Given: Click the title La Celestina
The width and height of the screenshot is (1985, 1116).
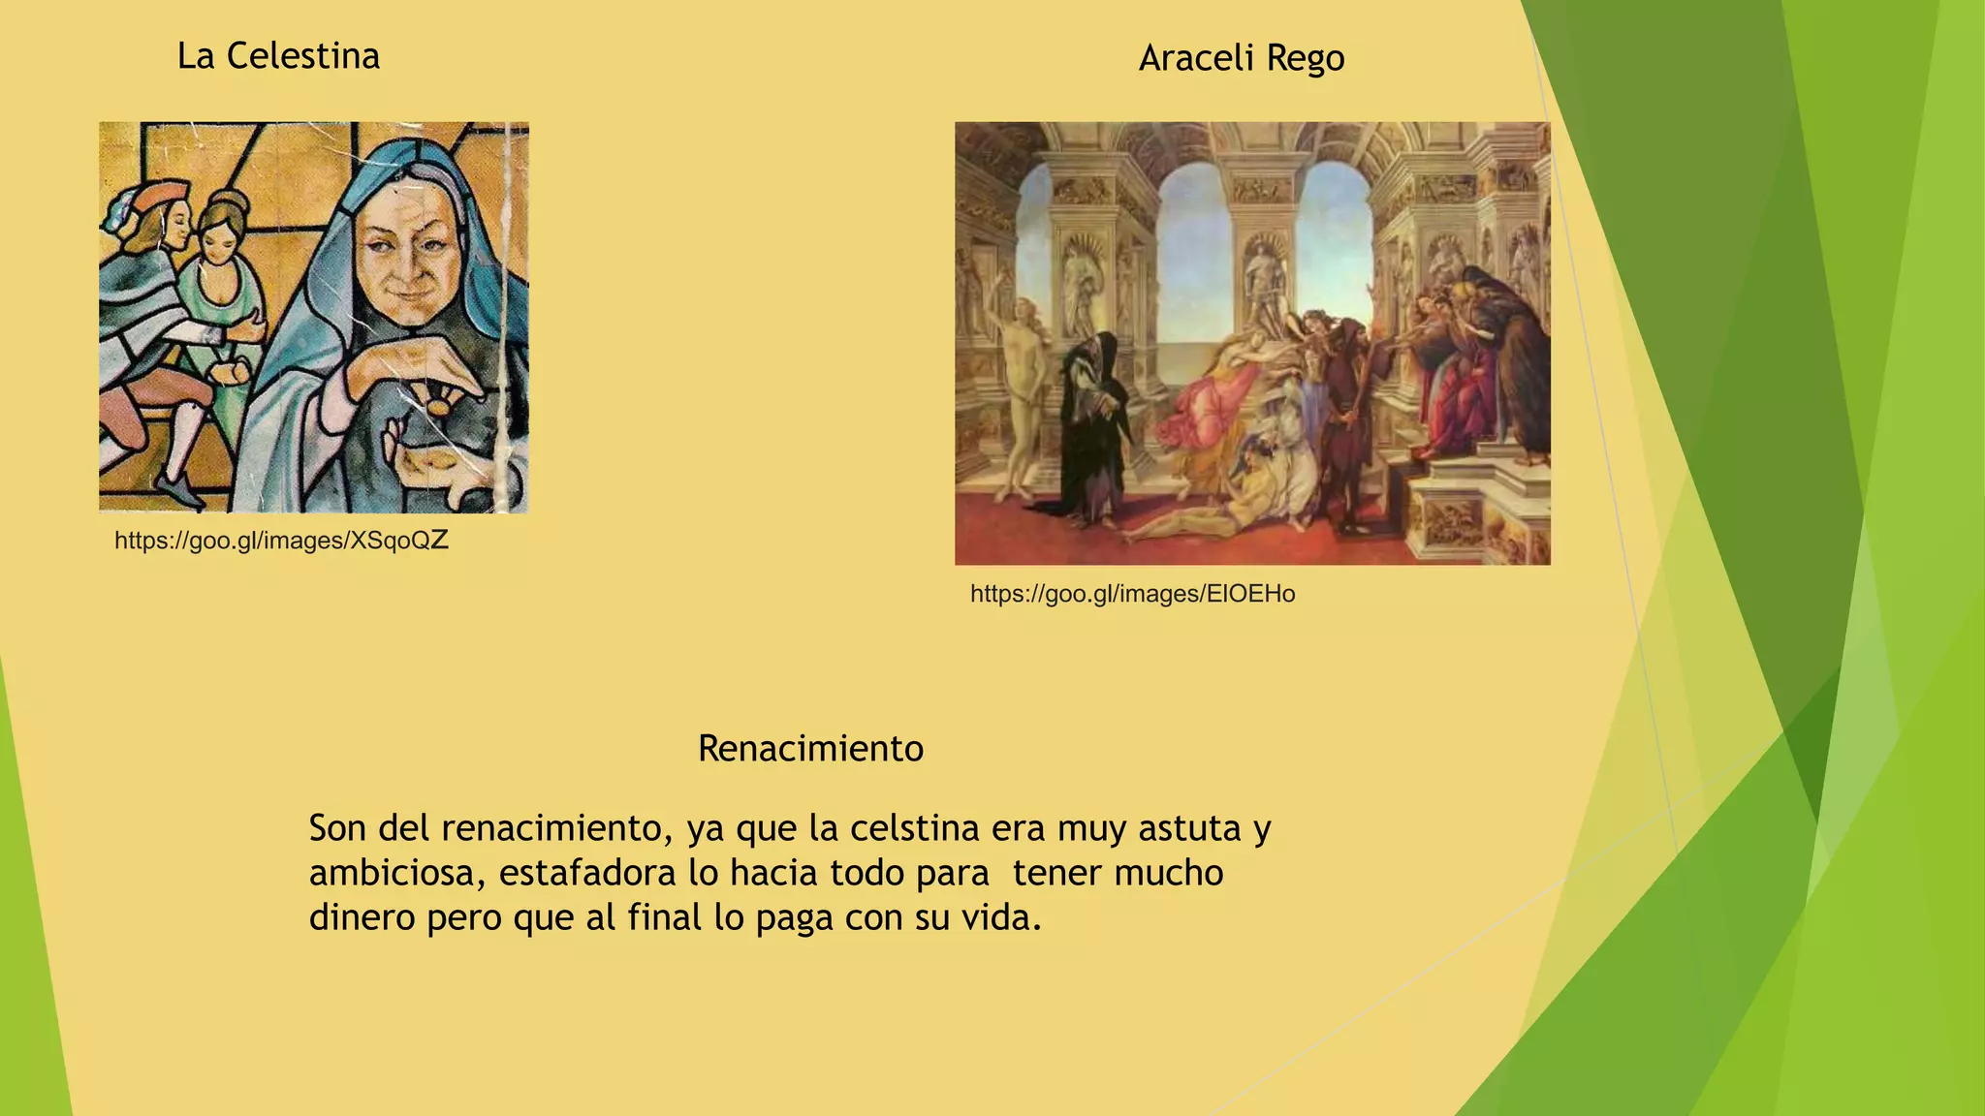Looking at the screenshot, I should coord(278,56).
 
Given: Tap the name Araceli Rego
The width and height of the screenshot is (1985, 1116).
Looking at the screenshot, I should coord(1241,58).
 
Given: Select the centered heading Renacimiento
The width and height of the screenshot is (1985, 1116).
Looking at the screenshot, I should coord(810,749).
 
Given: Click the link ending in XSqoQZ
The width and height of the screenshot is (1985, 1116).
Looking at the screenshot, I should coord(281,541).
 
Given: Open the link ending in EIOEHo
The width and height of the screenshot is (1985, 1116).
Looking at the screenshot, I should coord(1132,594).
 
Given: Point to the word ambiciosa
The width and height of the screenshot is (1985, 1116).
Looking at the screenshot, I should coord(397,874).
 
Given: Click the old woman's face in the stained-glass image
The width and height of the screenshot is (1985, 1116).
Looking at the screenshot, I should coord(407,257).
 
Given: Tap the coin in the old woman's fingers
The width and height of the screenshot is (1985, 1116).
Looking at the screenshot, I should coord(439,405).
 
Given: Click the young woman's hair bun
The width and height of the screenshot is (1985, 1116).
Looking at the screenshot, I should coord(229,205).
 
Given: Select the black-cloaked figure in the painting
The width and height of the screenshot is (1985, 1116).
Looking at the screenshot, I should coord(1092,426).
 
